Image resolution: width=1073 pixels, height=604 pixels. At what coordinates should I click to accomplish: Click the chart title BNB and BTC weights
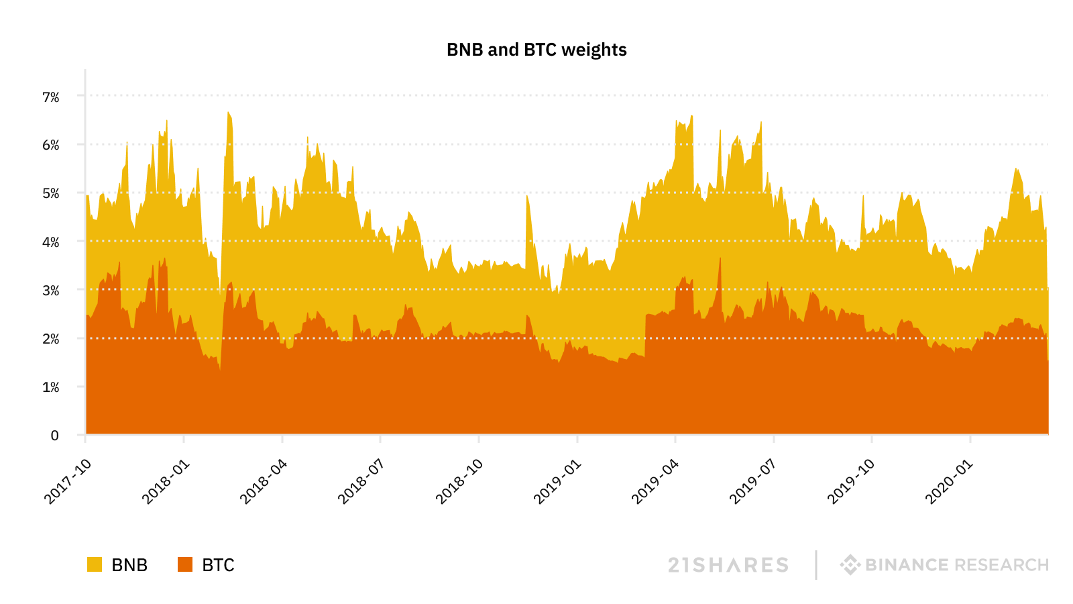point(536,50)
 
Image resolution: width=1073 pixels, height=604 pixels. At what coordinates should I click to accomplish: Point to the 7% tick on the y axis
point(51,97)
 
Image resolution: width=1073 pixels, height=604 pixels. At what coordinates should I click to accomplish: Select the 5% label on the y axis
point(51,193)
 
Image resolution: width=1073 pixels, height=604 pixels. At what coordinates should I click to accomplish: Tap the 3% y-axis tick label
point(51,291)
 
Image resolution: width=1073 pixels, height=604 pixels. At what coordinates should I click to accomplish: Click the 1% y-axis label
point(51,387)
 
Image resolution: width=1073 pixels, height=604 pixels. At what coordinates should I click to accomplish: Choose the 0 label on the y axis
point(55,436)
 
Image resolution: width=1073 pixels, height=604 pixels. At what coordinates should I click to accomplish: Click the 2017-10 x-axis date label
point(68,481)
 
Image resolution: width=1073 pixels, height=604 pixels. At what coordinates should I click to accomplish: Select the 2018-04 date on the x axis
point(264,481)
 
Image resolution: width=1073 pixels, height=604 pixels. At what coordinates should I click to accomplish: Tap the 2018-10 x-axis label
point(459,481)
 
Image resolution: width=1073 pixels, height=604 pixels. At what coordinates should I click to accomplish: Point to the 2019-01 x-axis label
point(557,481)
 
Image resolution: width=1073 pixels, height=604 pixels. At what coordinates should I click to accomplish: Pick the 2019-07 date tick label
point(753,481)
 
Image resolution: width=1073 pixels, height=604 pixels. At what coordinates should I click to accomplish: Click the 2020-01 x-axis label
point(949,481)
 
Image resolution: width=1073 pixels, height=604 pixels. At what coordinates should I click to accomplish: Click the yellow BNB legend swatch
point(95,564)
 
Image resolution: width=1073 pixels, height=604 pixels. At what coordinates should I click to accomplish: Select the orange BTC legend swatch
point(185,564)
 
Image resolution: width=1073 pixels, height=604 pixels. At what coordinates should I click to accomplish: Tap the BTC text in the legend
point(218,565)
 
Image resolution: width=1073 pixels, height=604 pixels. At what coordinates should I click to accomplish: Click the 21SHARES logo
point(728,565)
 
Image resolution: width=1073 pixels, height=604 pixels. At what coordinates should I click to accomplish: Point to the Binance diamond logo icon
point(850,564)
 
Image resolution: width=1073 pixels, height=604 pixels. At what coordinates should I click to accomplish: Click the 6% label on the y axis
point(51,145)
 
